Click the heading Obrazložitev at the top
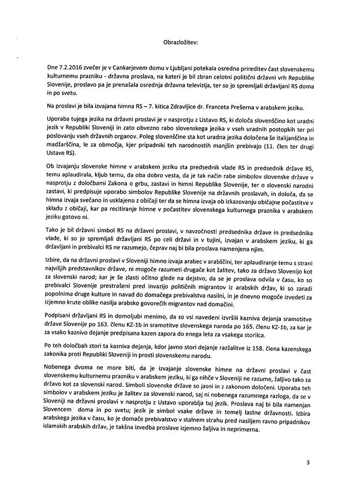tap(180, 42)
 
